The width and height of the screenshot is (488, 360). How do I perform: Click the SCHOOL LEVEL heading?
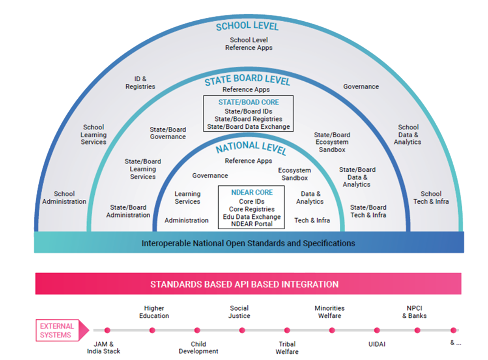247,26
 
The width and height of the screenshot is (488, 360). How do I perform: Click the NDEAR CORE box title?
252,193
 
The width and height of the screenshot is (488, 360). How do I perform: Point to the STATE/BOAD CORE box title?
249,102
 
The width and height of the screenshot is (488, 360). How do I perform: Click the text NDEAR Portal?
252,224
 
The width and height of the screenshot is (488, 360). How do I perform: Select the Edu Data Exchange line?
252,217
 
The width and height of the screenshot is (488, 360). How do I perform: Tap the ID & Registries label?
140,83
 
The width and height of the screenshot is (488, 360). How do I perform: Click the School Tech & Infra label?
431,198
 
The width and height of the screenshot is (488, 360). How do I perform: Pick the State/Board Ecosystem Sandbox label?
332,142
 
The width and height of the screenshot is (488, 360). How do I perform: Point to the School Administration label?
64,198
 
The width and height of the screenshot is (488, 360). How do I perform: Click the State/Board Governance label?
168,133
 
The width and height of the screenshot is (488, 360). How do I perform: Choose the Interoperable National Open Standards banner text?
248,243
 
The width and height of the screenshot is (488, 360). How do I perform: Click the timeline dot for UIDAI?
377,330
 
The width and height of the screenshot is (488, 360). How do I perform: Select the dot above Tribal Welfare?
287,330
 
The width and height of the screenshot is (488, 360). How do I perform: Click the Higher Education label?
154,312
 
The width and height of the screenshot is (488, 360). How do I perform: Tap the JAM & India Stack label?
103,347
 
